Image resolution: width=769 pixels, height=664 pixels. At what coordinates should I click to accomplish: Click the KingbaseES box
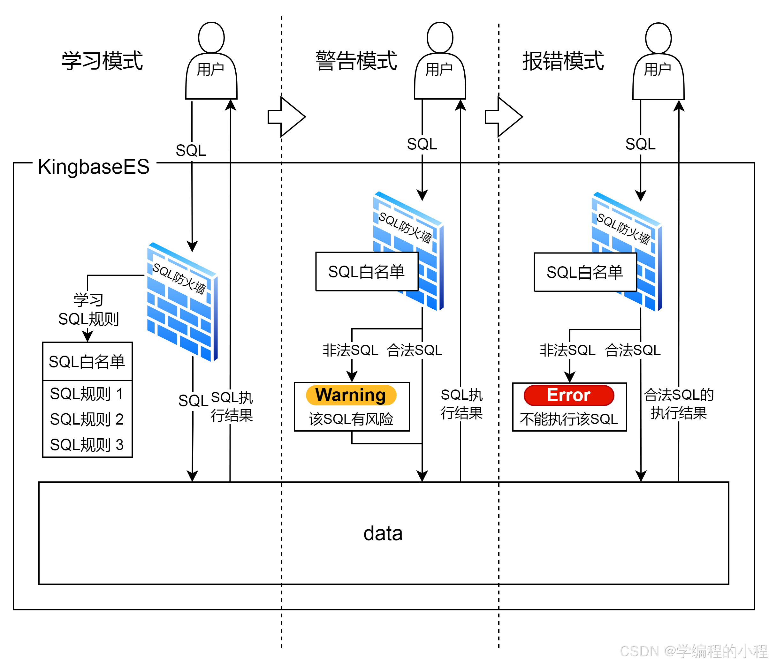pos(94,166)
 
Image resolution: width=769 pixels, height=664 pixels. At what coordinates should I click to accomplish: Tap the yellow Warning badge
pos(351,395)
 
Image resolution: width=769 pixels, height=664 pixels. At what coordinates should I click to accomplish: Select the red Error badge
pos(568,396)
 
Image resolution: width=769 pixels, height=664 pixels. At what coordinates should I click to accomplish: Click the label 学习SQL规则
pos(89,310)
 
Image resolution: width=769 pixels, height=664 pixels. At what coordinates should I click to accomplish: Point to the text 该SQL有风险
pos(351,419)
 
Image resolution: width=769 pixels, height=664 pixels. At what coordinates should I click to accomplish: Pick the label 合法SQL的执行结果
pos(678,404)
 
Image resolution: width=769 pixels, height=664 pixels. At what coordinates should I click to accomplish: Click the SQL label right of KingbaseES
pos(191,151)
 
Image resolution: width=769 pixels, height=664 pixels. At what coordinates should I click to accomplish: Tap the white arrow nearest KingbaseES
pos(286,117)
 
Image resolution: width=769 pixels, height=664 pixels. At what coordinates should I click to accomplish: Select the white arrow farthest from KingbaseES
pos(503,117)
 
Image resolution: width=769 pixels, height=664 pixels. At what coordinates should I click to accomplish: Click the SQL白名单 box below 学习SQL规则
pos(87,361)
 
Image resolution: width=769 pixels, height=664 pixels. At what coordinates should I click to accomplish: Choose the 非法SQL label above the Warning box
pos(351,350)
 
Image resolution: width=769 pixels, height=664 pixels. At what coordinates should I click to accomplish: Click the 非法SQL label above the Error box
pos(568,350)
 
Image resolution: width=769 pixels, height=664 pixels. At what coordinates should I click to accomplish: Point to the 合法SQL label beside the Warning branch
pos(415,350)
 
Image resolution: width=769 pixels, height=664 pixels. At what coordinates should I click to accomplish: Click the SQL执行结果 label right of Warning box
pos(461,404)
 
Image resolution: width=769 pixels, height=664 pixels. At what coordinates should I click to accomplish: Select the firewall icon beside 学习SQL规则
pos(183,302)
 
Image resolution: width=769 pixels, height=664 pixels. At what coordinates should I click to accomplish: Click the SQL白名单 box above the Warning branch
pos(367,272)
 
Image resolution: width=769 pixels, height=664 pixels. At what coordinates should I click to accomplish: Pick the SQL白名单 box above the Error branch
pos(585,272)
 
